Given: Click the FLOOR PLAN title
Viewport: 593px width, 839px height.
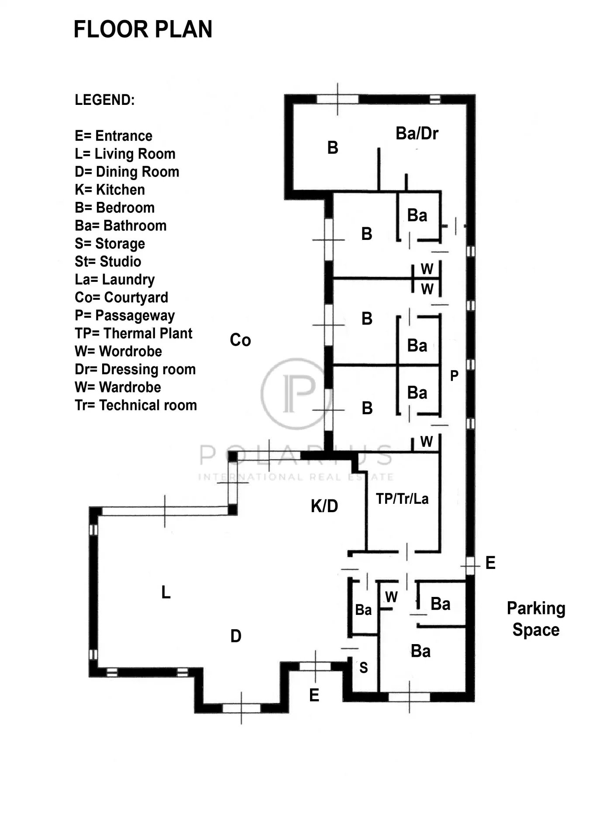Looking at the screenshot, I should pyautogui.click(x=143, y=30).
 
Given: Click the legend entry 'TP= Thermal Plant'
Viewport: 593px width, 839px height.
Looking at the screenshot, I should pyautogui.click(x=133, y=333).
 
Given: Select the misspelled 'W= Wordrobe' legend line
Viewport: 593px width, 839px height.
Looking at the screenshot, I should pyautogui.click(x=118, y=351).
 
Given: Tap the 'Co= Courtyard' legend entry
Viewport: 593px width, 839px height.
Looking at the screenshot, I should pyautogui.click(x=121, y=298).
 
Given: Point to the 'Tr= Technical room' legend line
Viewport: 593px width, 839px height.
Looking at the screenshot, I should pyautogui.click(x=136, y=406).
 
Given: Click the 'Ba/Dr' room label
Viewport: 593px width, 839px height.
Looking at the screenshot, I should pyautogui.click(x=417, y=134).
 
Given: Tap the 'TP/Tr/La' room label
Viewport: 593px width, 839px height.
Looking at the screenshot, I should pyautogui.click(x=402, y=499).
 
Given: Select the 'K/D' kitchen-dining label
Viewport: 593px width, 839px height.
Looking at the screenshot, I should pyautogui.click(x=324, y=506).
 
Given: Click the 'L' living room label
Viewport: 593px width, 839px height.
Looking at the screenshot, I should pyautogui.click(x=165, y=593).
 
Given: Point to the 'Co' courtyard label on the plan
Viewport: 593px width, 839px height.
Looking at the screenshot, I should pyautogui.click(x=240, y=340).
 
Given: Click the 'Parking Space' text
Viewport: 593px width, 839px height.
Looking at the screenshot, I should pyautogui.click(x=536, y=619).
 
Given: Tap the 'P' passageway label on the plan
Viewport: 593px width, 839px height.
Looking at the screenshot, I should pyautogui.click(x=454, y=375).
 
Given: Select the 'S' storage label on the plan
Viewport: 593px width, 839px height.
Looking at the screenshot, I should pyautogui.click(x=363, y=668).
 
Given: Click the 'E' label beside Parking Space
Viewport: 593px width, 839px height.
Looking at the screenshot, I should pyautogui.click(x=490, y=563).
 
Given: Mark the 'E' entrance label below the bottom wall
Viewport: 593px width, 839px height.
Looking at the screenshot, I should pyautogui.click(x=314, y=695).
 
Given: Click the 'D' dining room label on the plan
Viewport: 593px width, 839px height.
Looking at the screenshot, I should pyautogui.click(x=236, y=636).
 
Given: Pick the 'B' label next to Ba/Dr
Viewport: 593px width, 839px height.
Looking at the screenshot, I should pyautogui.click(x=333, y=148).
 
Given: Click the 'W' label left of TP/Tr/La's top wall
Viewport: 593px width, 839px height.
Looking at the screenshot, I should pyautogui.click(x=427, y=442).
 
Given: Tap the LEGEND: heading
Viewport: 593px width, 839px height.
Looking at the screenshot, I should pyautogui.click(x=105, y=100).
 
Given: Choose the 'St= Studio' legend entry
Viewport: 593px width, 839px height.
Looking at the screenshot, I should pyautogui.click(x=108, y=262).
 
